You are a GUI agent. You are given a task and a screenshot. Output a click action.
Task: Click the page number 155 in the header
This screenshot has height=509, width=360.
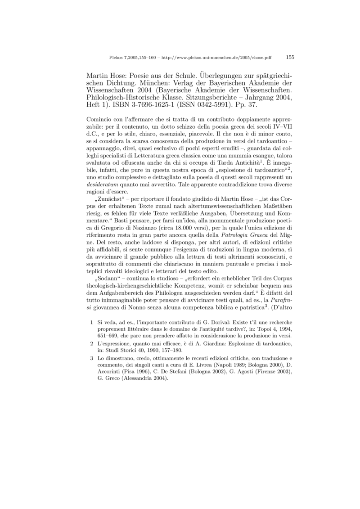(x=290, y=57)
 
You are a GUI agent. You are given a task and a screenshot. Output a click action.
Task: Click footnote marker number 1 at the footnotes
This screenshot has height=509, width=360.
(x=91, y=322)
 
